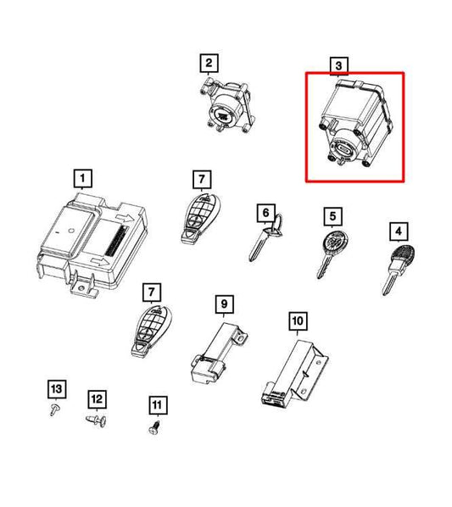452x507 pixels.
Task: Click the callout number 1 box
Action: click(82, 178)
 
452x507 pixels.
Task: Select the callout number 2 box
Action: click(209, 63)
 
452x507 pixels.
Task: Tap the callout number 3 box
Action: click(338, 65)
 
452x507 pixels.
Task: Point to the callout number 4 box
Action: click(396, 230)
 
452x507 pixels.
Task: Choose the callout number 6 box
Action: click(265, 212)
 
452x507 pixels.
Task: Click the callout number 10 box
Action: click(298, 320)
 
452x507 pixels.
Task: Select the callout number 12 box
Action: click(96, 398)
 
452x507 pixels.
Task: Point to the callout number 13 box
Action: click(55, 389)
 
